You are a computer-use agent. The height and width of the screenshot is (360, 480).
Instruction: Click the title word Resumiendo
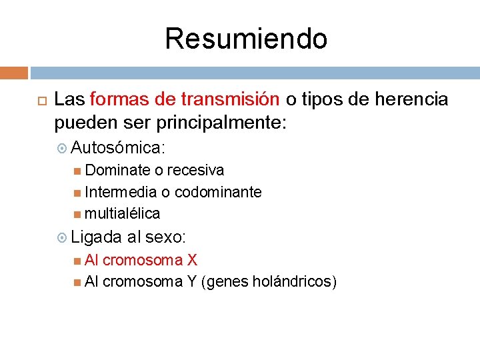click(x=246, y=39)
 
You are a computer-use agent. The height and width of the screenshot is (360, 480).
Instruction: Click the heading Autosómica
click(x=119, y=147)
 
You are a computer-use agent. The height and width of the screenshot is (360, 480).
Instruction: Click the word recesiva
click(x=195, y=170)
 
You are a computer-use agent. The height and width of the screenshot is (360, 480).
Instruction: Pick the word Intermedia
click(x=121, y=192)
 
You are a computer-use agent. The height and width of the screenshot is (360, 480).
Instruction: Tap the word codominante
click(x=218, y=192)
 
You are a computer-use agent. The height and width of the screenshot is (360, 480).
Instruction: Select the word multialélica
click(x=123, y=213)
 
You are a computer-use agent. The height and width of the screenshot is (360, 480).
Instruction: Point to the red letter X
click(x=192, y=260)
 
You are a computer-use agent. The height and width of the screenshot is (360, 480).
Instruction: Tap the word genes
click(x=227, y=282)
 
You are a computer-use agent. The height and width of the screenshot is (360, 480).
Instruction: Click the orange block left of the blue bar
click(x=14, y=73)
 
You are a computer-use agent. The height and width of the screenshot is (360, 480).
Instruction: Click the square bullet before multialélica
click(x=78, y=214)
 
